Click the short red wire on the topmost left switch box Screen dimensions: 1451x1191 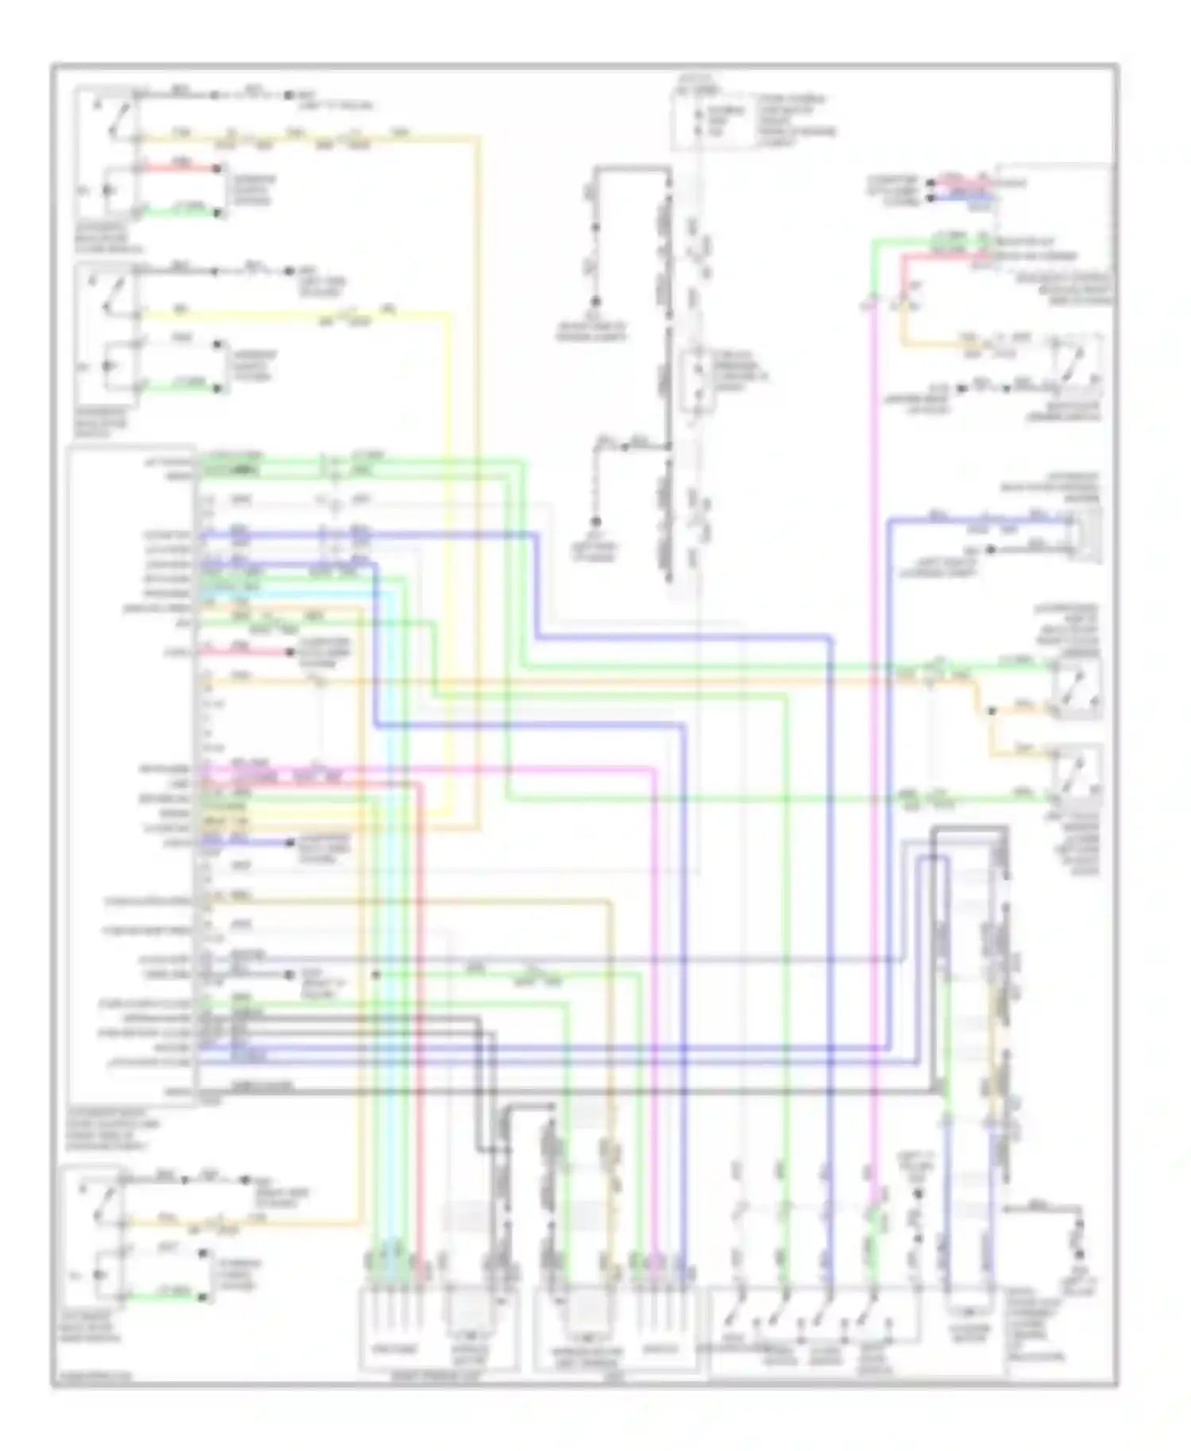[181, 168]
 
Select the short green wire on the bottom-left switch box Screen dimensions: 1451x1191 [163, 1297]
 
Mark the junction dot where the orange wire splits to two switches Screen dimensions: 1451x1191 [990, 710]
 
